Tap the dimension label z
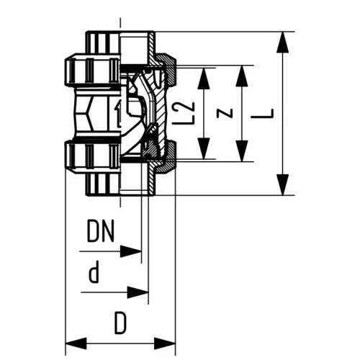225,113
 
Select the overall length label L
263,114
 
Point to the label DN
101,231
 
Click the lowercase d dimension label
94,271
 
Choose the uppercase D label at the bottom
120,323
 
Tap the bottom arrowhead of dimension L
282,185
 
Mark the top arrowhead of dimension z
242,76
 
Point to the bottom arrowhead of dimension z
242,151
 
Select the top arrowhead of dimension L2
204,78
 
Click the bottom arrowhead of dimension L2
204,148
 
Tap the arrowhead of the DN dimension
130,251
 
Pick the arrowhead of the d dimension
138,292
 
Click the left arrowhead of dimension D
76,343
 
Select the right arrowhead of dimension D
165,343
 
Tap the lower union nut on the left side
92,156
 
